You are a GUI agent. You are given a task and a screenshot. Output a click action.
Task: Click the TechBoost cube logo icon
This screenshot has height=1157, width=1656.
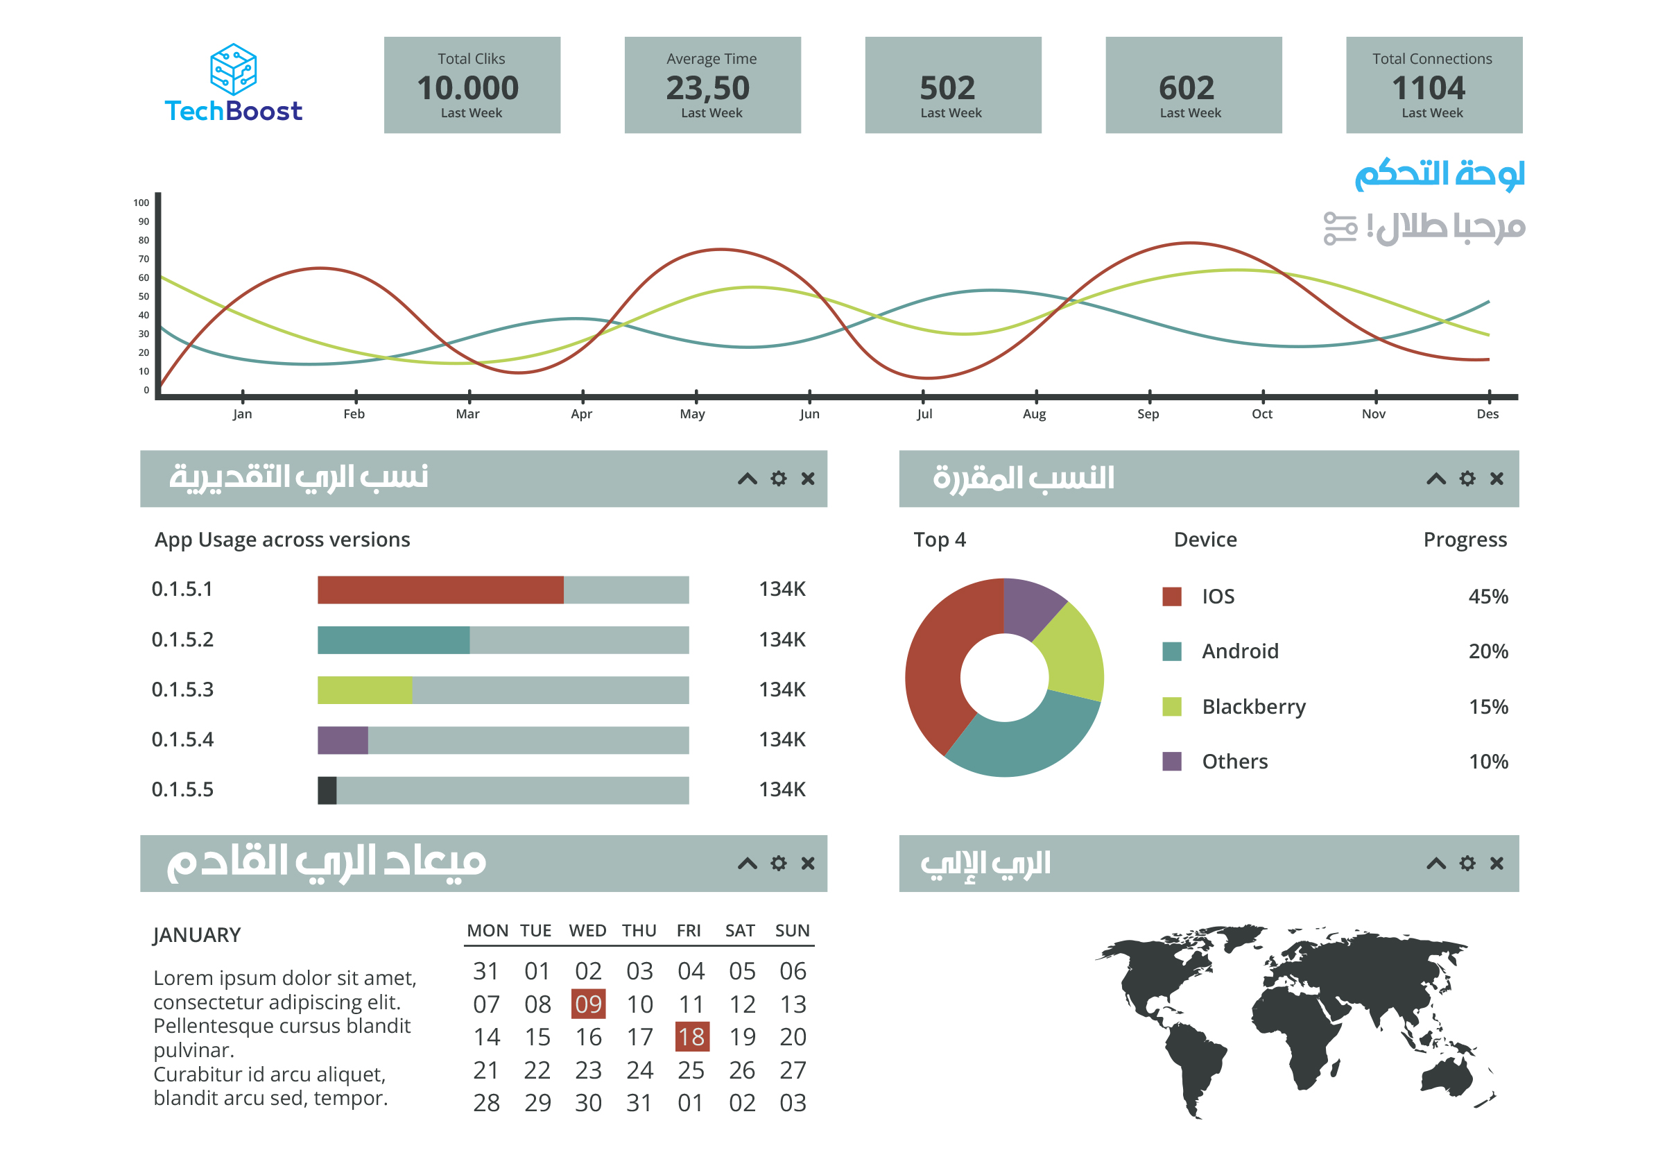pos(233,69)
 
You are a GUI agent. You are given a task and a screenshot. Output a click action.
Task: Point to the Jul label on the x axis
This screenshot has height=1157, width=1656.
pos(924,413)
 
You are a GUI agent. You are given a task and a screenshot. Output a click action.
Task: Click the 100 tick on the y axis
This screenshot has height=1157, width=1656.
pos(141,203)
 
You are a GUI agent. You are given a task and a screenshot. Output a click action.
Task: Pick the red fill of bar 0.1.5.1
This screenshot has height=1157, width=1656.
pos(440,590)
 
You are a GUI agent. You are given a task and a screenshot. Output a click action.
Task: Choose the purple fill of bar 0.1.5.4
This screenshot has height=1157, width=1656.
pos(343,740)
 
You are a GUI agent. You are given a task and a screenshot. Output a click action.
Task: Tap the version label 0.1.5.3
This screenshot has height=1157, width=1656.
pos(182,689)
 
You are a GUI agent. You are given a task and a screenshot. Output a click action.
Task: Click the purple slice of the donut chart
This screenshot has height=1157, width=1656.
pos(1030,606)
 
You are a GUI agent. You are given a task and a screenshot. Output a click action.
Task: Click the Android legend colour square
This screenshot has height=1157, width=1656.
pos(1171,651)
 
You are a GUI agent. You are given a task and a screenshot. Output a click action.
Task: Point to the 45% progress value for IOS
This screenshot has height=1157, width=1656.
pos(1488,597)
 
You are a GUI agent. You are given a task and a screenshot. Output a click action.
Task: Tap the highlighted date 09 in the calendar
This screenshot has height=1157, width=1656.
pos(588,1004)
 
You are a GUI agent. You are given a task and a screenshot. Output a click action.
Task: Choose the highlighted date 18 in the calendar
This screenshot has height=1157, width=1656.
pos(691,1037)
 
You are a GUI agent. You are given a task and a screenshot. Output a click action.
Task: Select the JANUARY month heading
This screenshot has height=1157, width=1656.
pos(197,935)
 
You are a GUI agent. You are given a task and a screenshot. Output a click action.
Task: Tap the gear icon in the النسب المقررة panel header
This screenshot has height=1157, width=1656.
pos(1467,479)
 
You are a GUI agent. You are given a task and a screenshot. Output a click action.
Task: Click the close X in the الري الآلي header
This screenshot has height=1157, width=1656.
pos(1497,864)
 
